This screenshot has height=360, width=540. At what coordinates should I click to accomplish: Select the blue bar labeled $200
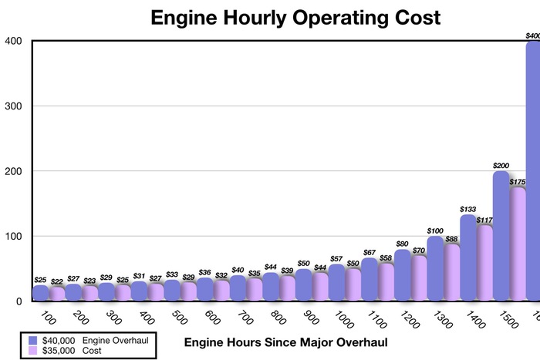click(500, 235)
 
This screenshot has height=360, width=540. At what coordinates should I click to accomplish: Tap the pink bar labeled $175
click(517, 244)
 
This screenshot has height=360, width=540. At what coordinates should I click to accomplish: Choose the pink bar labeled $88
click(451, 272)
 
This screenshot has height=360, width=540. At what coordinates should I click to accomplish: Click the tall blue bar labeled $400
click(532, 170)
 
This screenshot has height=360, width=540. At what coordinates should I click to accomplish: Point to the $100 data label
click(436, 230)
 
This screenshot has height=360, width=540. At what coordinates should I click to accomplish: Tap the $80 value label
click(403, 244)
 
